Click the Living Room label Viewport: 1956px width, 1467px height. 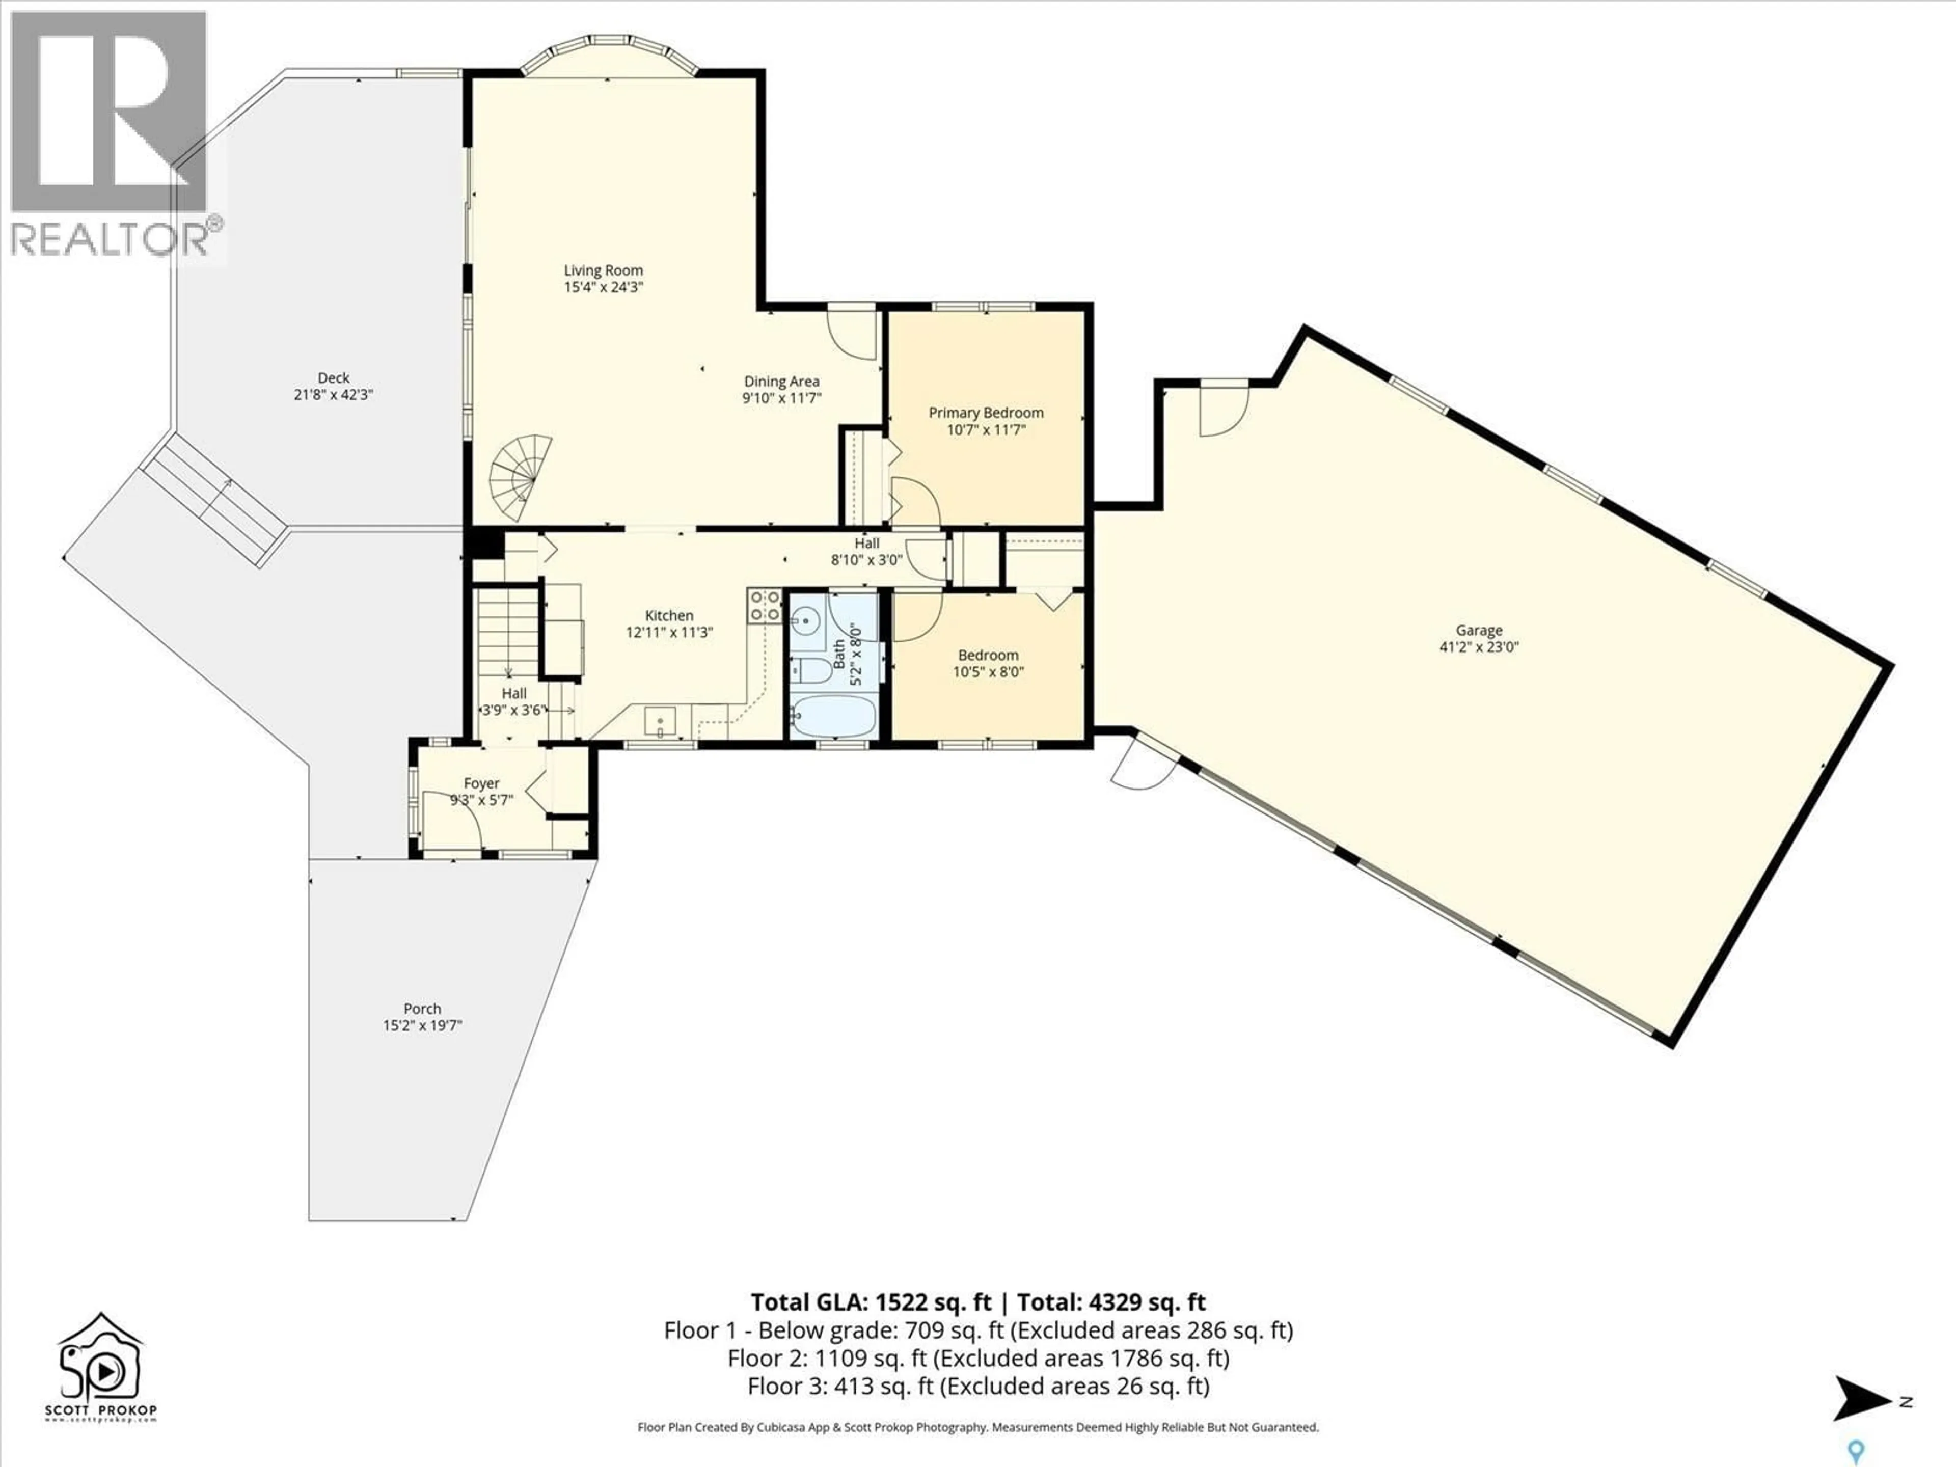(603, 270)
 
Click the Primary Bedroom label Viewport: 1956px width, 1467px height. (986, 413)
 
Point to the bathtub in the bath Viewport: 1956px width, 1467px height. (833, 715)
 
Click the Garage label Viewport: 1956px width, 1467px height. (1479, 631)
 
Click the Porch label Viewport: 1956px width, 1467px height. (422, 1009)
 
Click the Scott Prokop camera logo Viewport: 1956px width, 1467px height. (100, 1366)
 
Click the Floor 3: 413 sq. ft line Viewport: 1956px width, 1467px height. (978, 1385)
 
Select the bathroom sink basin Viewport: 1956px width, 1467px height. (805, 620)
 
